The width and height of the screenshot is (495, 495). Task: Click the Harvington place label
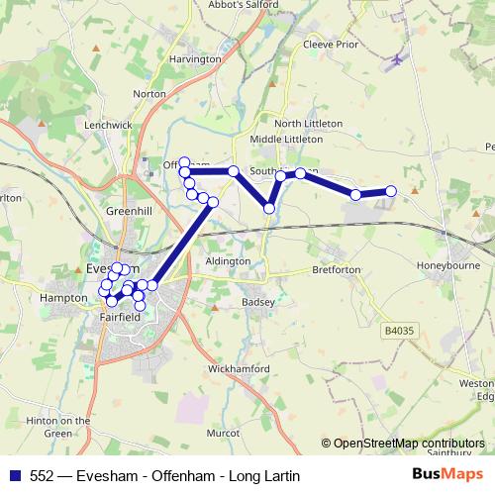click(195, 59)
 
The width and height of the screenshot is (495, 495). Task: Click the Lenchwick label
click(109, 126)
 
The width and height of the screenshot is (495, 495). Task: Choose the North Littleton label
click(308, 123)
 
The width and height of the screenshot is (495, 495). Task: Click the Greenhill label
click(129, 211)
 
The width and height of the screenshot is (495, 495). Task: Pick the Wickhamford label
click(239, 369)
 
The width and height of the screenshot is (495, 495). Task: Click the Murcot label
click(223, 434)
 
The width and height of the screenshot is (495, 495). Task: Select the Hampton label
click(65, 296)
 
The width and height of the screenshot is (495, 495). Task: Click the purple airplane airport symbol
click(397, 61)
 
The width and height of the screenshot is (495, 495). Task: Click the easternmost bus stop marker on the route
click(391, 191)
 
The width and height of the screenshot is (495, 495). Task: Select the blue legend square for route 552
click(15, 476)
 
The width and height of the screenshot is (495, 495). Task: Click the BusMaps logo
click(447, 475)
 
